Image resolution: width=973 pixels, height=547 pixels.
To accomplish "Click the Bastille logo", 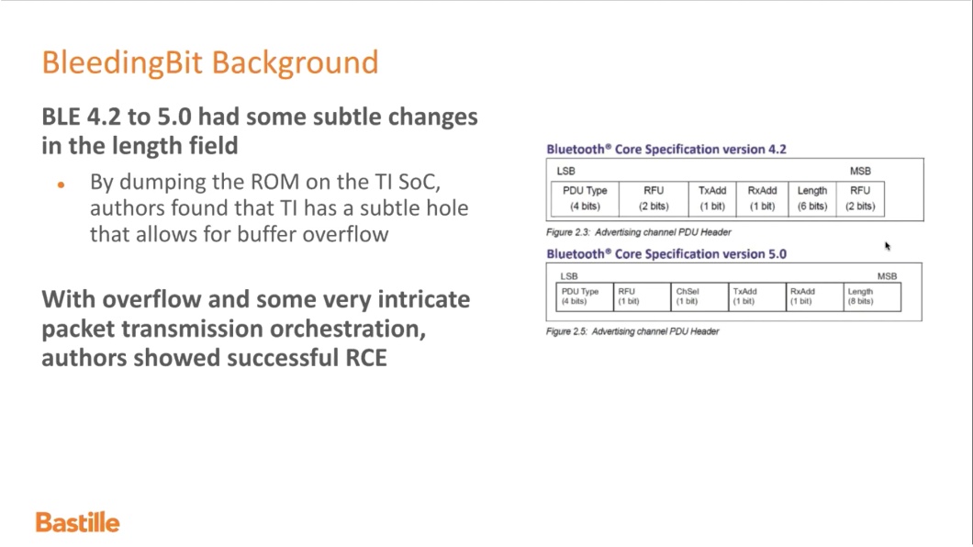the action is (78, 522).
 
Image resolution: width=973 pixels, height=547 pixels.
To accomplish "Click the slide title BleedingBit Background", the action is (210, 62).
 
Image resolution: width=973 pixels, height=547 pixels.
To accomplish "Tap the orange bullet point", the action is (61, 184).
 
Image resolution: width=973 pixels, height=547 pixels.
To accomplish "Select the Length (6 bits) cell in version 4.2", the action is (811, 198).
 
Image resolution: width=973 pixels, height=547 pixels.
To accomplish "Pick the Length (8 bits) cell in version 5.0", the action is (872, 296).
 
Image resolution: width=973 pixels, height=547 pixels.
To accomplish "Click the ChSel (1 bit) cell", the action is (699, 296).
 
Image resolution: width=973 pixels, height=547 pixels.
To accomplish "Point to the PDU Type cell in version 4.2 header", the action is (585, 198).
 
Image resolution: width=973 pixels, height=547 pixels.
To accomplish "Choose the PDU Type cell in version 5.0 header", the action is (585, 296).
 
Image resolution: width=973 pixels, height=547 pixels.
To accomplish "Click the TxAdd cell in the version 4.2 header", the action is (711, 198).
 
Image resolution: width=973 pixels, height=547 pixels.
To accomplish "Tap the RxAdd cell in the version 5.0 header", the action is (815, 296).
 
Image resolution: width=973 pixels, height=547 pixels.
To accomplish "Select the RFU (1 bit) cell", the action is (643, 296).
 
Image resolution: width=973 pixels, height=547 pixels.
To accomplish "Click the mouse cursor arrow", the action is (888, 246).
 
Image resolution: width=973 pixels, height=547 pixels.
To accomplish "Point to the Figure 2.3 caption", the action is (639, 232).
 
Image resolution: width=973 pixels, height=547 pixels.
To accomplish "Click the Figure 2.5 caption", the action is (632, 331).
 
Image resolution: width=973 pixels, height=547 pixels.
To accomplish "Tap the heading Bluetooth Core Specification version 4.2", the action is (665, 149).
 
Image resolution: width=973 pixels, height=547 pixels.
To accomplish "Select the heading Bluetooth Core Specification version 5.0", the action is (665, 253).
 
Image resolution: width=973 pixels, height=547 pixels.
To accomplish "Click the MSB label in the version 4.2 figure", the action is (860, 171).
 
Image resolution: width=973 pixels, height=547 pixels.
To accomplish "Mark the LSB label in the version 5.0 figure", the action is (568, 276).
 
